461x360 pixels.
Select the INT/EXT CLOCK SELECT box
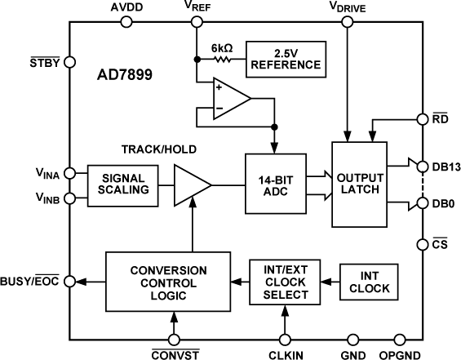tap(286, 281)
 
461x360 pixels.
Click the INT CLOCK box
tap(366, 281)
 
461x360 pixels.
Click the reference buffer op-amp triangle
tap(230, 98)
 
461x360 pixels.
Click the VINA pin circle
tap(69, 172)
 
